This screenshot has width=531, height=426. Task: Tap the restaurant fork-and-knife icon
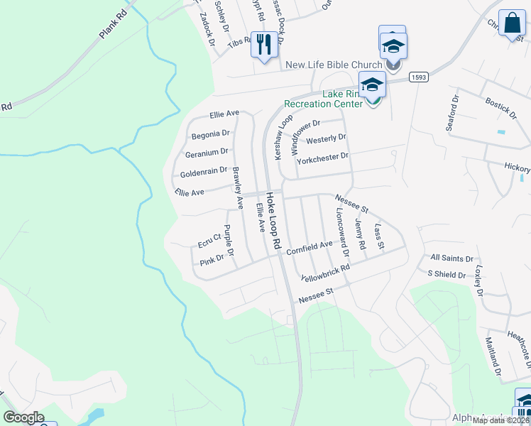pos(264,45)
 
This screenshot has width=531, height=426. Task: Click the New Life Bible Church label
pos(334,65)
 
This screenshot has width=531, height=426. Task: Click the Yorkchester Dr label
pos(323,156)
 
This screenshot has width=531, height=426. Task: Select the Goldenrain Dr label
pos(204,172)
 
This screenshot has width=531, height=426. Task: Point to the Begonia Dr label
pos(210,133)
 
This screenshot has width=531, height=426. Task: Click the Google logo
pos(23,417)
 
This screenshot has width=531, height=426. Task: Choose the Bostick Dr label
pos(500,106)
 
